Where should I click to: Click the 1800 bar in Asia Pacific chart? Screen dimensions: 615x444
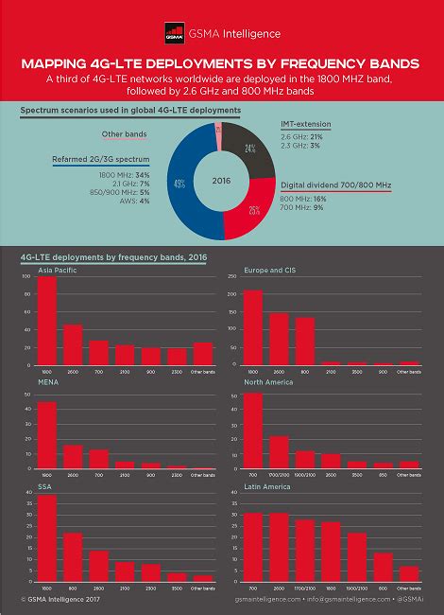pyautogui.click(x=46, y=322)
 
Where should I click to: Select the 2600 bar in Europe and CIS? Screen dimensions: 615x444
pyautogui.click(x=279, y=339)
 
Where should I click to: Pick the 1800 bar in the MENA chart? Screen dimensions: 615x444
pyautogui.click(x=46, y=435)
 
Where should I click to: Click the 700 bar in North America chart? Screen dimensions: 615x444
pyautogui.click(x=252, y=430)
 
